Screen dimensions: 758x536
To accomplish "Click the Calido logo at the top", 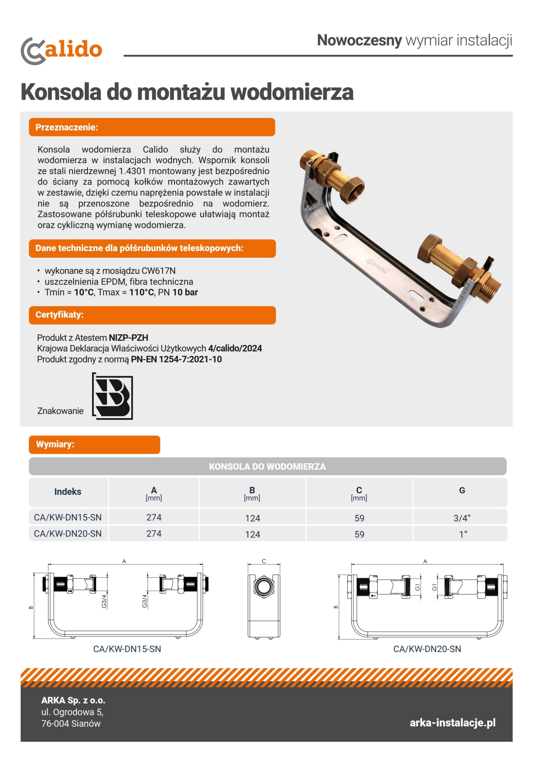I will click(x=61, y=51).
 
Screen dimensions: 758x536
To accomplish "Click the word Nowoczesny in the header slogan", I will click(x=359, y=40).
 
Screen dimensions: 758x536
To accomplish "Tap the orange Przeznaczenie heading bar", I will click(x=152, y=127).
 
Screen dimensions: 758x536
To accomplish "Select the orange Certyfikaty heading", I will click(x=152, y=315).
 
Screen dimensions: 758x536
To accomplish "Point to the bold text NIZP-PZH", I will click(x=129, y=338).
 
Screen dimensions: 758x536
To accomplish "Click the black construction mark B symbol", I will click(x=113, y=396).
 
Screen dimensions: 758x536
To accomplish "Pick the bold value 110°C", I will click(x=141, y=293).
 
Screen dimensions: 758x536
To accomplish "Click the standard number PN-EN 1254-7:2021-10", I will click(x=176, y=359).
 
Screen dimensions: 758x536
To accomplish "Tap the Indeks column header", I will click(x=68, y=492).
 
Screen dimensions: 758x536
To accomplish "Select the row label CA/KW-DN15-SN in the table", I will click(x=68, y=517).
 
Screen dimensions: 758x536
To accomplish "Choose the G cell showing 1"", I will click(x=463, y=534).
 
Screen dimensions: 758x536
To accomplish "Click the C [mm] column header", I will click(x=359, y=493).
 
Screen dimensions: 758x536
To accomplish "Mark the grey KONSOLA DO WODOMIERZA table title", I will click(x=267, y=466).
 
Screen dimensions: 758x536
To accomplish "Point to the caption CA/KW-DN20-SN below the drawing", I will click(x=427, y=649).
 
